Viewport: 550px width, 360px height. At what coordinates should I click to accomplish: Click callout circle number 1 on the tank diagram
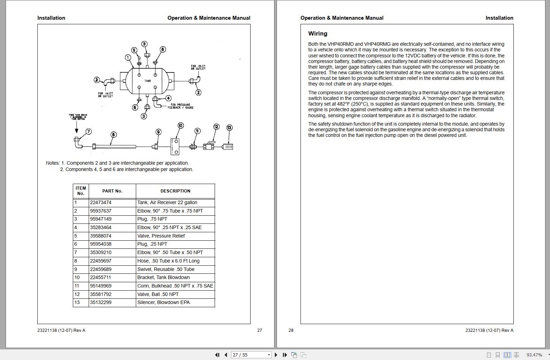tap(128, 57)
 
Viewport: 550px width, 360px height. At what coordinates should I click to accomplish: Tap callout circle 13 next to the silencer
tap(229, 127)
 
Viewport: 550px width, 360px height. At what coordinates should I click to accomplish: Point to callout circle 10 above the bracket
tap(181, 126)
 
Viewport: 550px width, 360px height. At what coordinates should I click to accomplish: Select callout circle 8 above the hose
tap(113, 134)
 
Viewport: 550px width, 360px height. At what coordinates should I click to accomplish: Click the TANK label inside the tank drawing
tap(148, 81)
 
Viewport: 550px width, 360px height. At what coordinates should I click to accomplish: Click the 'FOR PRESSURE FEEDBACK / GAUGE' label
tap(180, 106)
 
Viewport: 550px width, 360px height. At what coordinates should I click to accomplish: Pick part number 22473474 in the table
tap(101, 202)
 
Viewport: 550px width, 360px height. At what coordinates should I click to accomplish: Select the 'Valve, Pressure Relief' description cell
tap(161, 236)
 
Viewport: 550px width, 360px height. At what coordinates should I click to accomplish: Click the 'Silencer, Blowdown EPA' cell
tap(163, 302)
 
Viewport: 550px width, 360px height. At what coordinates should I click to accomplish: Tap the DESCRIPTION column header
tap(175, 191)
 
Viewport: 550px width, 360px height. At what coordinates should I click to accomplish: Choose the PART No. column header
tap(112, 191)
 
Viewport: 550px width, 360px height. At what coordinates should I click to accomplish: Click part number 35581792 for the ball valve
tap(101, 294)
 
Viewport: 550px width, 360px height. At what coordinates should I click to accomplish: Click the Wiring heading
tap(318, 34)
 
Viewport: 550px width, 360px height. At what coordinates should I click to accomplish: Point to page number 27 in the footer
tap(260, 330)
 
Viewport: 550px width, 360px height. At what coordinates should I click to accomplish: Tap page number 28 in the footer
tap(291, 330)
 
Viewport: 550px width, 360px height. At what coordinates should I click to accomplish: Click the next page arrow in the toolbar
tap(276, 355)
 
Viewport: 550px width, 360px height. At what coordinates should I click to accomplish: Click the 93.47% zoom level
tap(534, 355)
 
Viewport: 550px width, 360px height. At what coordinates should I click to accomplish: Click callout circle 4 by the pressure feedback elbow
tap(168, 98)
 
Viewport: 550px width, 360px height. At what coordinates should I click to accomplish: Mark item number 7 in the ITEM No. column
tap(76, 252)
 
